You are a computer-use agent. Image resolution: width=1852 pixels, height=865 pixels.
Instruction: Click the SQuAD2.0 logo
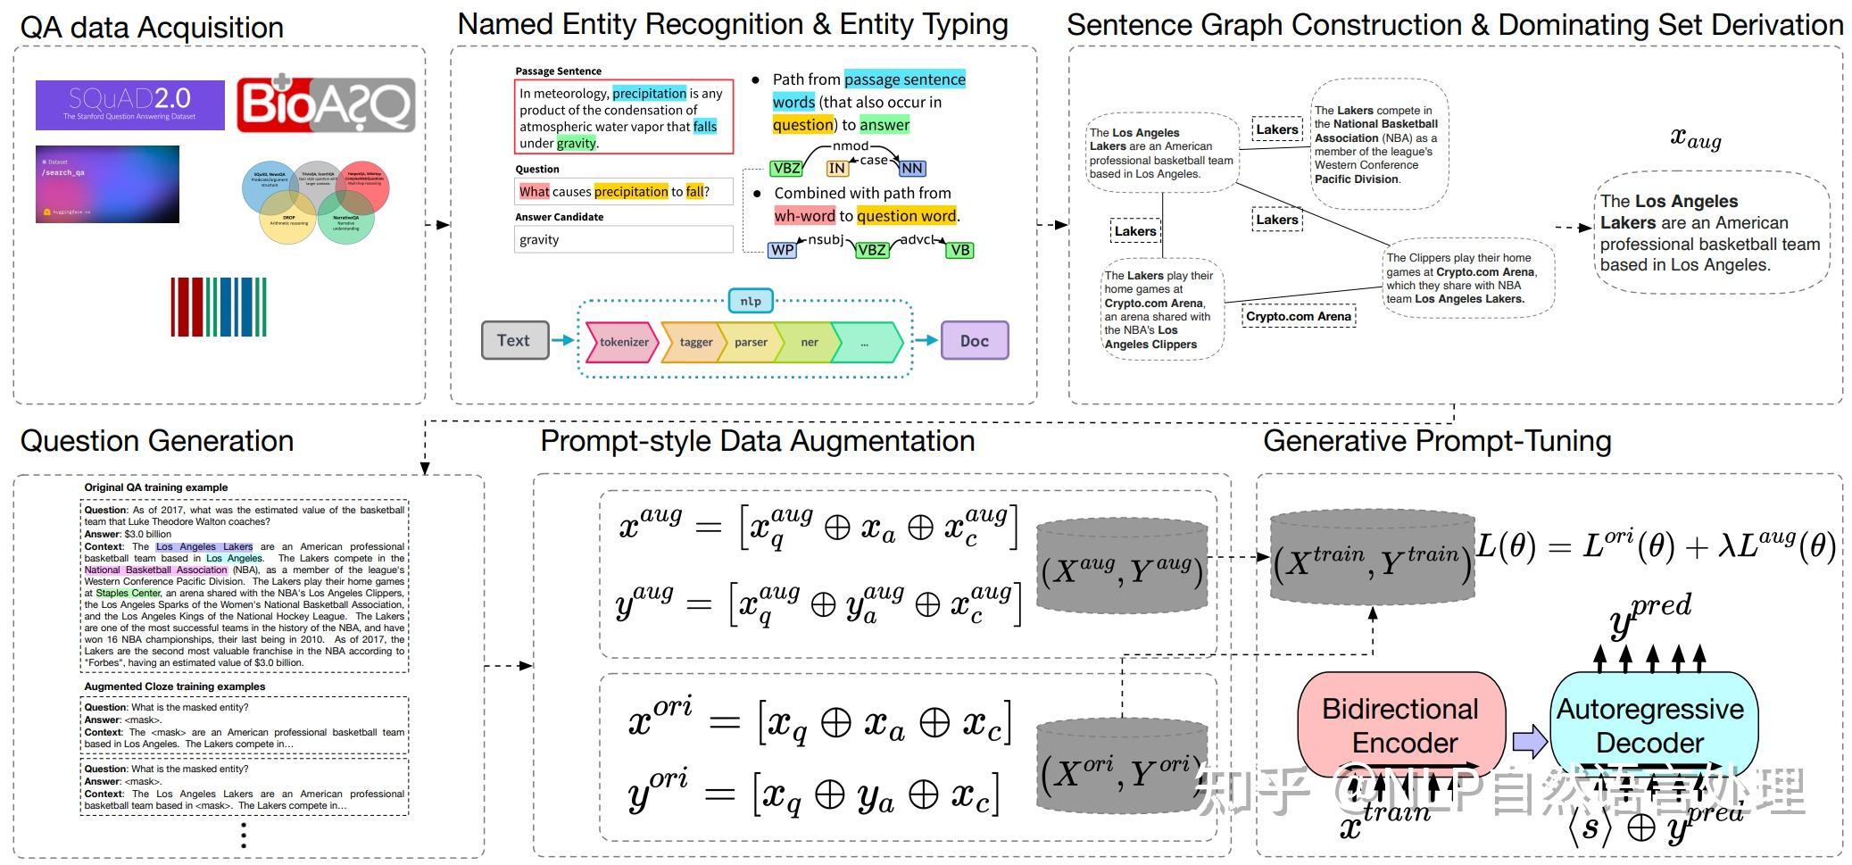pos(129,104)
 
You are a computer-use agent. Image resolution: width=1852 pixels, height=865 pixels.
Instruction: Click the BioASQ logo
pos(326,105)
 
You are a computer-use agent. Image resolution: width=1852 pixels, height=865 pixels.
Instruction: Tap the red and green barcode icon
pos(219,306)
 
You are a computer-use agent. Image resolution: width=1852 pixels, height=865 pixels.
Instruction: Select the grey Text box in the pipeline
pos(514,340)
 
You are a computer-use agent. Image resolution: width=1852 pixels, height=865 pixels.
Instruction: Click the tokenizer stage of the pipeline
pos(623,342)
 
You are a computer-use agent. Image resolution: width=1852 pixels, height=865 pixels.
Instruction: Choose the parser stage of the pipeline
pos(751,342)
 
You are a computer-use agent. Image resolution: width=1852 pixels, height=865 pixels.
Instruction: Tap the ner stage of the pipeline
pos(810,342)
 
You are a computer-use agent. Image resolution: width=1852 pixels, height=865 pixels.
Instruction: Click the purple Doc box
pos(974,340)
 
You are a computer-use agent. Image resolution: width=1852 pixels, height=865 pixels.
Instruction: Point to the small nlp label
pos(751,301)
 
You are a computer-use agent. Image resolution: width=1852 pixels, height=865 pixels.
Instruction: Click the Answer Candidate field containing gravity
pos(623,239)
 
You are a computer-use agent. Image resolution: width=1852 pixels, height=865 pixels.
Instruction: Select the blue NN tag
pos(911,168)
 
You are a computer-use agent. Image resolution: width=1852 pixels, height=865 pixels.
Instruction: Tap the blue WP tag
pos(782,250)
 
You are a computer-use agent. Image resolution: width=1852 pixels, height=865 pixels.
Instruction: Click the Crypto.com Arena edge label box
pos(1299,316)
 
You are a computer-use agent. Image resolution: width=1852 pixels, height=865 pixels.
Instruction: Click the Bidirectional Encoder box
pos(1401,725)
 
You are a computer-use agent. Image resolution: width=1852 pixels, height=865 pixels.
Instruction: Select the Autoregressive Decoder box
pos(1649,725)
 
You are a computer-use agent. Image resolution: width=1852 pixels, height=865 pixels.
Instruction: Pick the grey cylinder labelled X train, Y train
pos(1371,560)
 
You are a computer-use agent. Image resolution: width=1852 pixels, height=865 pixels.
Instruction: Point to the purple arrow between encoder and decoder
pos(1529,740)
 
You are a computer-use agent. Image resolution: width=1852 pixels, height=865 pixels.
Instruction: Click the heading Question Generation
pos(157,441)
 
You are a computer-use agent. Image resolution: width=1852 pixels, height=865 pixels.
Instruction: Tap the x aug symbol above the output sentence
pos(1695,138)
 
